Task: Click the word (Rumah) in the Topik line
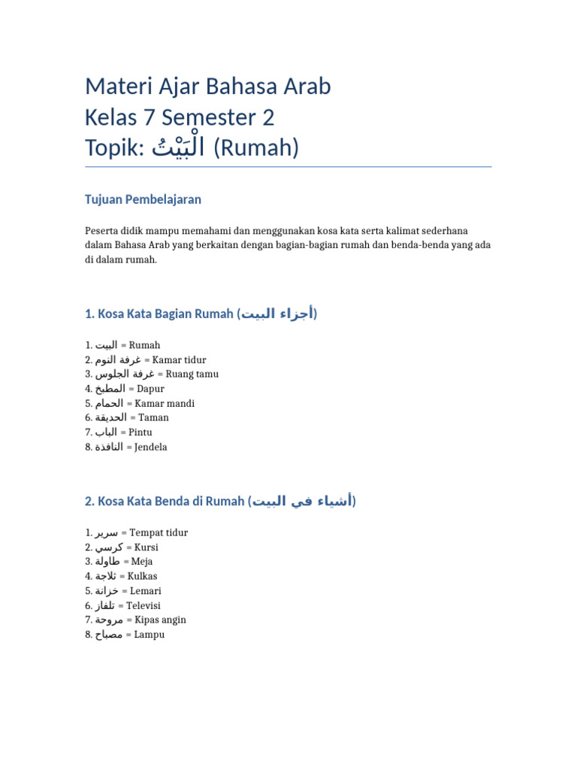256,149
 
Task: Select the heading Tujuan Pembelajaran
143,200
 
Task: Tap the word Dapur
150,389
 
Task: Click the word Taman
153,418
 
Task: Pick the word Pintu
140,432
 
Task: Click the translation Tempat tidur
159,533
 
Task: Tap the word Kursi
146,547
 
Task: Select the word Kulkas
143,577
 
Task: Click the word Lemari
144,591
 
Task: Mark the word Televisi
143,605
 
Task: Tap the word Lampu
149,635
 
